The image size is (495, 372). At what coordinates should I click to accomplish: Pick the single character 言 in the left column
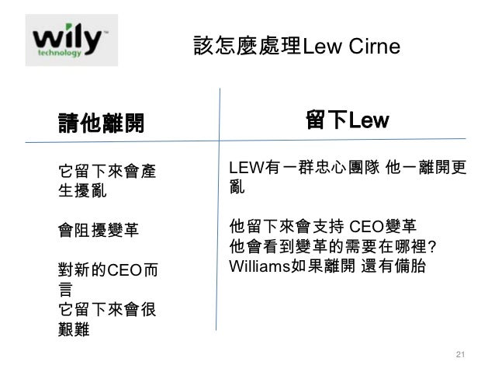click(x=67, y=291)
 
